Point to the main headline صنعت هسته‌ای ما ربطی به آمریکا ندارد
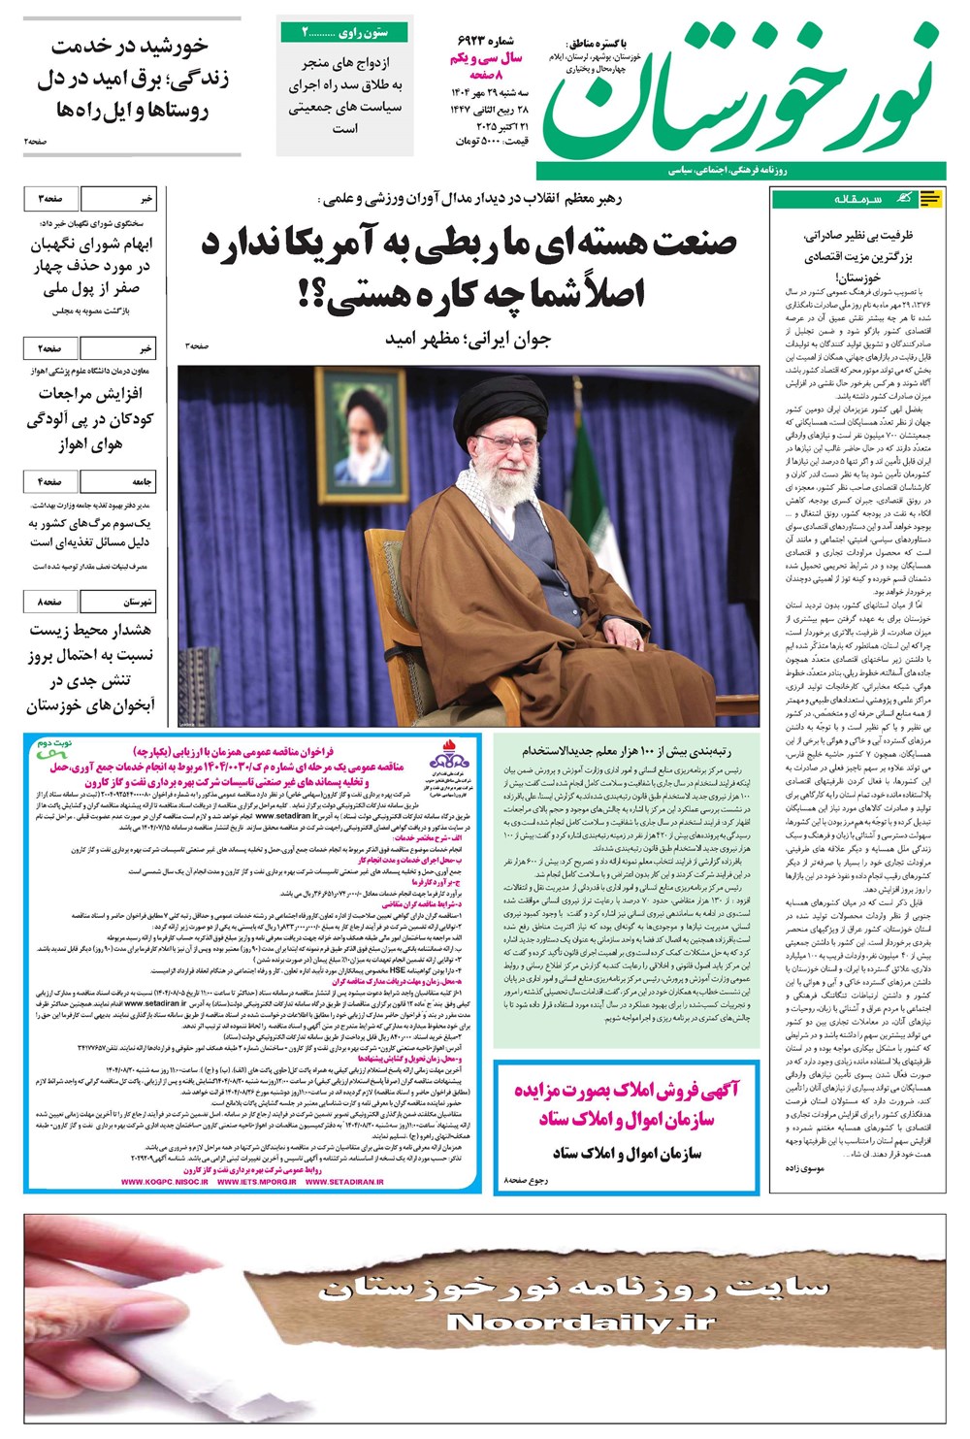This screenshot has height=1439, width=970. point(469,243)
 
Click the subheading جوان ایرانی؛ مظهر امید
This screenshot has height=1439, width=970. point(468,339)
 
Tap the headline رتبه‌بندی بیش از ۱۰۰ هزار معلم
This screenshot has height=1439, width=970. point(626,750)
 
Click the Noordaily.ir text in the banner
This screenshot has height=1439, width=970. point(581,1323)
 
